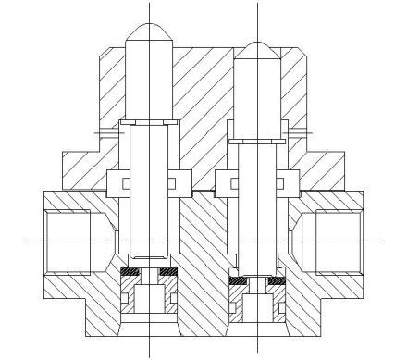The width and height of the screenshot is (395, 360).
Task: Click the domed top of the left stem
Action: pos(148,32)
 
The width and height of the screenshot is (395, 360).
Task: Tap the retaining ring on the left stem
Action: pos(148,124)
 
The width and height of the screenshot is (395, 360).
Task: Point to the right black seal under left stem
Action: pos(167,271)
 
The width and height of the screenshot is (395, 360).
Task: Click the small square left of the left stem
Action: pos(117,181)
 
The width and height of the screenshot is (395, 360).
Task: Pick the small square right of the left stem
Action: pos(179,181)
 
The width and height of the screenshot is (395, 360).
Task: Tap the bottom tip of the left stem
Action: pos(148,255)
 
